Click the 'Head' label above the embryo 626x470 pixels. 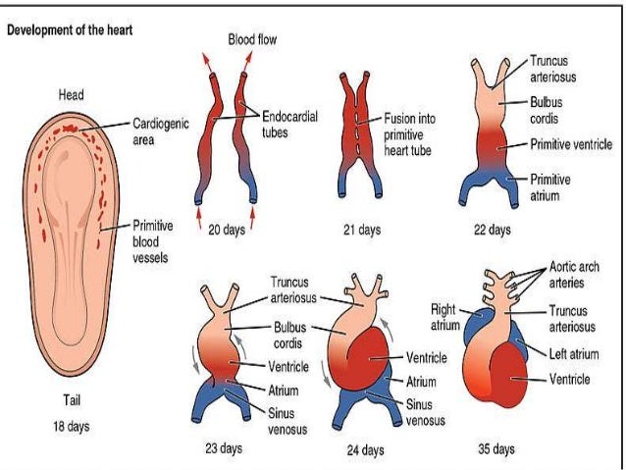click(x=70, y=95)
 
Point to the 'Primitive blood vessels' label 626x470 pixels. click(x=153, y=240)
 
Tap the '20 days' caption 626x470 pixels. click(x=227, y=232)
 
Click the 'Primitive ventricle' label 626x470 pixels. click(x=570, y=143)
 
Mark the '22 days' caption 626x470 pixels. click(x=492, y=232)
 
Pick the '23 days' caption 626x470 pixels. click(x=225, y=449)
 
